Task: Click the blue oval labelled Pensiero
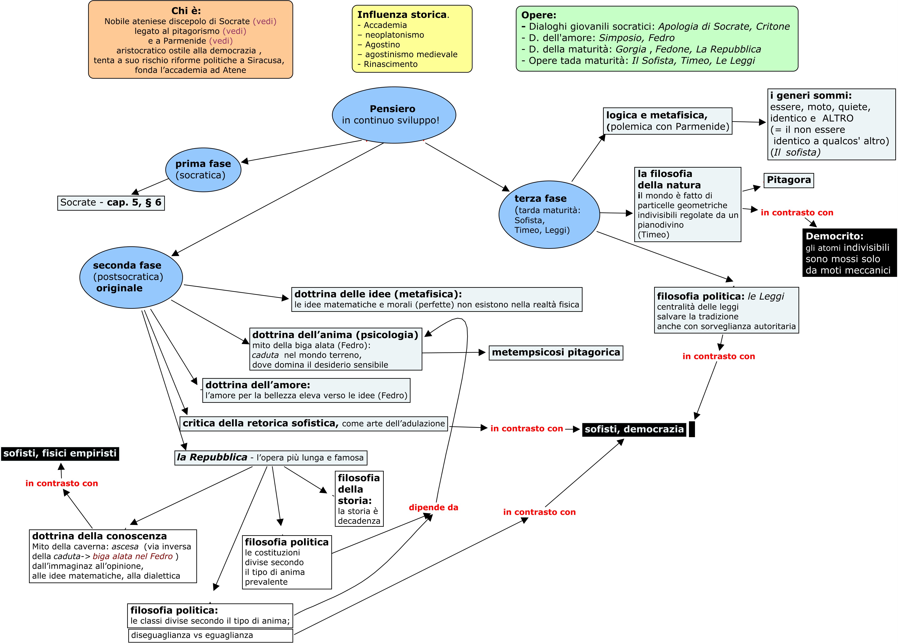coord(394,115)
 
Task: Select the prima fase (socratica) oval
coord(203,170)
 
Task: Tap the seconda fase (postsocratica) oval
coord(131,277)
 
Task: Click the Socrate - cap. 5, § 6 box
coord(111,203)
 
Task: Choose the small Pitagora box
coord(789,180)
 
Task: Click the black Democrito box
coord(849,253)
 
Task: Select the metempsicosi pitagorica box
coord(556,352)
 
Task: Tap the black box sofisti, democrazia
coord(634,429)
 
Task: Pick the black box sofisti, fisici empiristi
coord(60,453)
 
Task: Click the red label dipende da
coord(433,507)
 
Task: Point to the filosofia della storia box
coord(359,499)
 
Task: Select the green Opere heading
coord(539,15)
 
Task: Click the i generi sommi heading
coord(811,95)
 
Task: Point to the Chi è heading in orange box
coord(186,11)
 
